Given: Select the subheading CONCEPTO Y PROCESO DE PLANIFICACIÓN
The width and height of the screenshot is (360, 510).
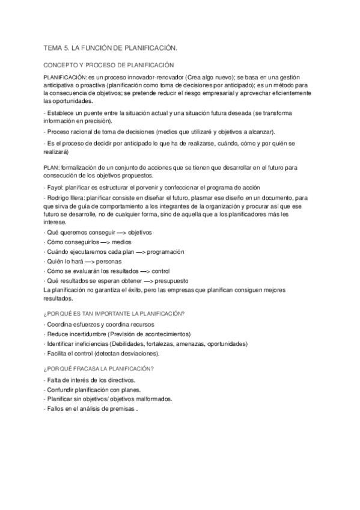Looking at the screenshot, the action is pyautogui.click(x=108, y=64).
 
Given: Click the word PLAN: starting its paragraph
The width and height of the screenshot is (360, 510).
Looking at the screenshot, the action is pyautogui.click(x=52, y=167).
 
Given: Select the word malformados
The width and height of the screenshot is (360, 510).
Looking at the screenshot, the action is pyautogui.click(x=153, y=399).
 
